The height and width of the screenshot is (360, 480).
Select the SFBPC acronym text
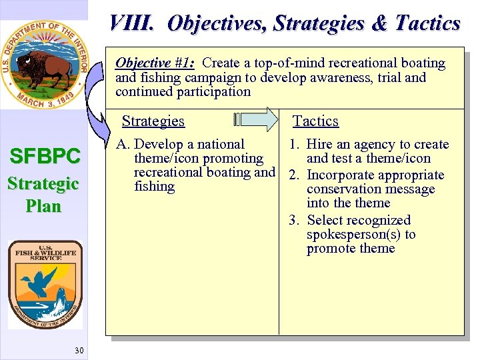(x=44, y=157)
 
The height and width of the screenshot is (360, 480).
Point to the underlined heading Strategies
(x=153, y=121)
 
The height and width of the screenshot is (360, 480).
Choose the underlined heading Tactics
(x=316, y=121)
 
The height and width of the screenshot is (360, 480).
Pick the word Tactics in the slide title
(x=427, y=23)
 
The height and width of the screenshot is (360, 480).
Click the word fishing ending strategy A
(x=154, y=187)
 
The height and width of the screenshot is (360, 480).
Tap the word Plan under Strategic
(x=44, y=206)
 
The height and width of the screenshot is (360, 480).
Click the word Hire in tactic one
(x=319, y=145)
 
